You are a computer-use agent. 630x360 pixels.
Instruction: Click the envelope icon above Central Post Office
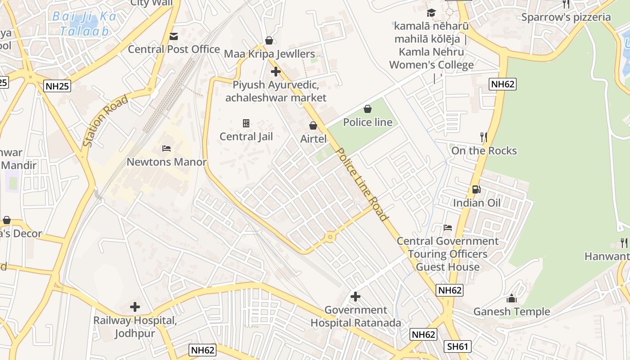pos(173,36)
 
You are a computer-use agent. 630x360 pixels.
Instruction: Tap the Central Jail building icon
pos(246,123)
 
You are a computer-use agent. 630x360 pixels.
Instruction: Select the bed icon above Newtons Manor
pos(166,148)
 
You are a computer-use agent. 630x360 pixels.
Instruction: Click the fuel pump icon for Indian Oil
pos(476,189)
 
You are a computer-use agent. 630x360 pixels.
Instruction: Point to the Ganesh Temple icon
pos(511,298)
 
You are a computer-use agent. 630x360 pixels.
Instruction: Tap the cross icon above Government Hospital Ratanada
pos(355,297)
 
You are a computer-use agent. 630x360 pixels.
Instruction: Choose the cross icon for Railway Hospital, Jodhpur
pos(135,307)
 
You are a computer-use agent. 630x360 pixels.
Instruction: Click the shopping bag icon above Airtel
pos(313,126)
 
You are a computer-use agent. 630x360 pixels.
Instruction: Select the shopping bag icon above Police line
pos(368,109)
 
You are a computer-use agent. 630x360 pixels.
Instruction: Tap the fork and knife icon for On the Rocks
pos(484,137)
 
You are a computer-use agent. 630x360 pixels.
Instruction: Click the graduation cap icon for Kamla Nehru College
pos(432,13)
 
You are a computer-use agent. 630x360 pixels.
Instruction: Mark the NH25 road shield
pos(58,86)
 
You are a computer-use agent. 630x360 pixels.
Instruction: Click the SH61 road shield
pos(458,346)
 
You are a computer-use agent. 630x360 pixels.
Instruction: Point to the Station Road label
pos(105,121)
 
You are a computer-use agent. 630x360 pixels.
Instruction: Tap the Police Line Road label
pos(362,184)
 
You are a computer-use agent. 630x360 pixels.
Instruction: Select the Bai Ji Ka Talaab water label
pos(84,24)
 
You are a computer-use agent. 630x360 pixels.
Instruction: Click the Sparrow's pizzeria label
pos(566,18)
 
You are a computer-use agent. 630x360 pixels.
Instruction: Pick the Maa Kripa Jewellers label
pos(269,54)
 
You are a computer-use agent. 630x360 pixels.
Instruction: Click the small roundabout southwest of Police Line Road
pos(330,237)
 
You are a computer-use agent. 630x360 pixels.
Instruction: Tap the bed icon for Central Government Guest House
pos(448,228)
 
